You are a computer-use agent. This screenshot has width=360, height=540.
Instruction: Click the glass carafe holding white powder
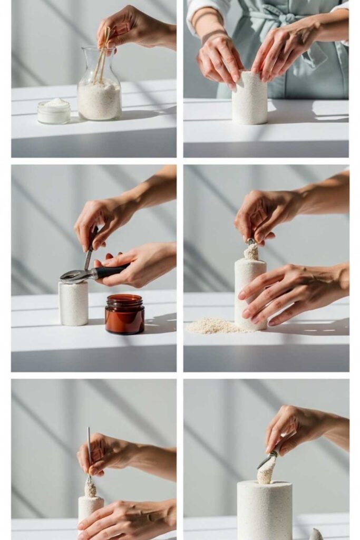tap(99, 95)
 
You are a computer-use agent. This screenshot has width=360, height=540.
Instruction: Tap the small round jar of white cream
tap(54, 111)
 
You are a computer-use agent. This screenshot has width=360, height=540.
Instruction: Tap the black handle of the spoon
tap(110, 272)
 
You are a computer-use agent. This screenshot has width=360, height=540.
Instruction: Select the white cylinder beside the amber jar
tap(73, 303)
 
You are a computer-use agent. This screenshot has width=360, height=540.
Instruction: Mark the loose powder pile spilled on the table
tap(213, 327)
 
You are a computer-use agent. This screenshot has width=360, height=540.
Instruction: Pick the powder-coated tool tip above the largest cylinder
tap(267, 469)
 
